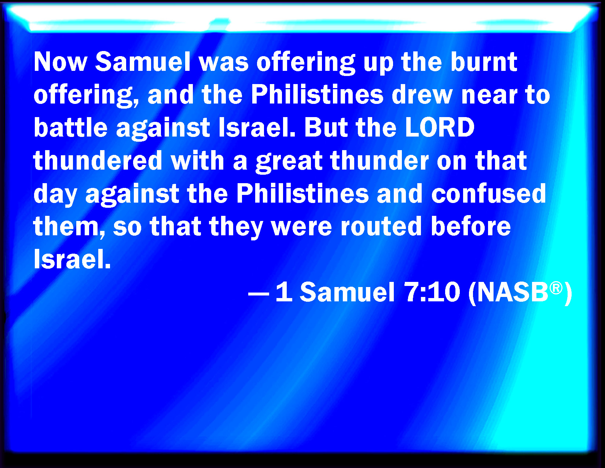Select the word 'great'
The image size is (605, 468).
[289, 162]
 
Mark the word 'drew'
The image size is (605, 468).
[422, 94]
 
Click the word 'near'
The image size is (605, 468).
[489, 96]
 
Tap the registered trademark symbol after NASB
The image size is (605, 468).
[556, 288]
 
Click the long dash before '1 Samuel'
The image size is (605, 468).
[258, 293]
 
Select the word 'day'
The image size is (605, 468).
[55, 195]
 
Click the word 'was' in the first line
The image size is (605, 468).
[224, 63]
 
